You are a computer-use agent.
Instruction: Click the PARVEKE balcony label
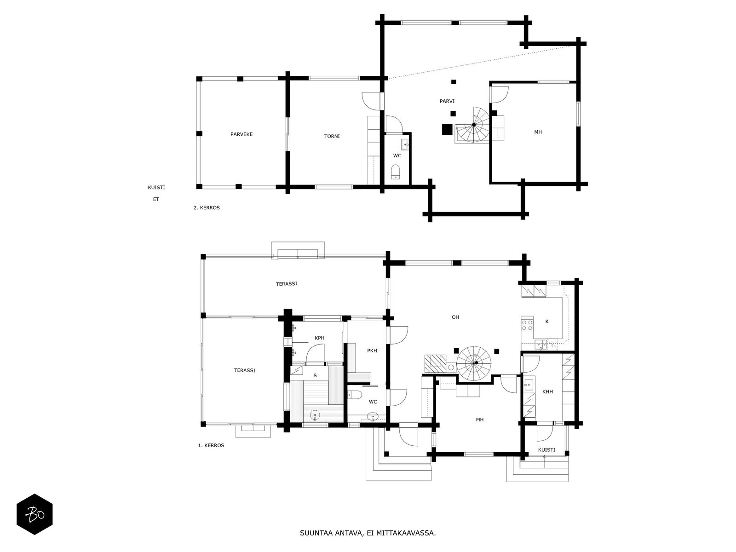click(x=241, y=134)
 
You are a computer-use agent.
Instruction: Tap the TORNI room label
click(x=332, y=137)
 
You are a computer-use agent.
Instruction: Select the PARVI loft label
click(x=447, y=101)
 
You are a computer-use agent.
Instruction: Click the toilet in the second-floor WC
click(x=396, y=171)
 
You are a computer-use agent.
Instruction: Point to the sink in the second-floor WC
click(x=405, y=145)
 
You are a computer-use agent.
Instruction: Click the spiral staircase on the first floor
click(x=473, y=363)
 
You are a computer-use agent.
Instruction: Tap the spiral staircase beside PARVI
click(x=473, y=125)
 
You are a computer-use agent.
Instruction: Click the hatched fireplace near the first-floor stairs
click(x=436, y=364)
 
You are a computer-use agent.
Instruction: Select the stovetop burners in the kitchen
click(x=527, y=325)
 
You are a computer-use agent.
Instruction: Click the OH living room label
click(x=455, y=317)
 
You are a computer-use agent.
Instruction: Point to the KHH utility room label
click(x=547, y=391)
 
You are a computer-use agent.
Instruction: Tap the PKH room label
click(x=372, y=351)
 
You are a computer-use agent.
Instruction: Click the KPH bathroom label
click(x=320, y=338)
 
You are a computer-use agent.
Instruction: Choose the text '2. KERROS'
click(x=207, y=208)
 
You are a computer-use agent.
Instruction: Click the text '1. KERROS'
click(x=211, y=445)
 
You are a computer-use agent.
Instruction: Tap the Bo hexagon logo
click(x=34, y=514)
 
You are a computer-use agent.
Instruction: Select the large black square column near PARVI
click(x=447, y=129)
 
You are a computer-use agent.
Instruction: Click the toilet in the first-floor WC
click(x=354, y=395)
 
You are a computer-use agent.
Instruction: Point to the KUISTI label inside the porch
click(x=546, y=450)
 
